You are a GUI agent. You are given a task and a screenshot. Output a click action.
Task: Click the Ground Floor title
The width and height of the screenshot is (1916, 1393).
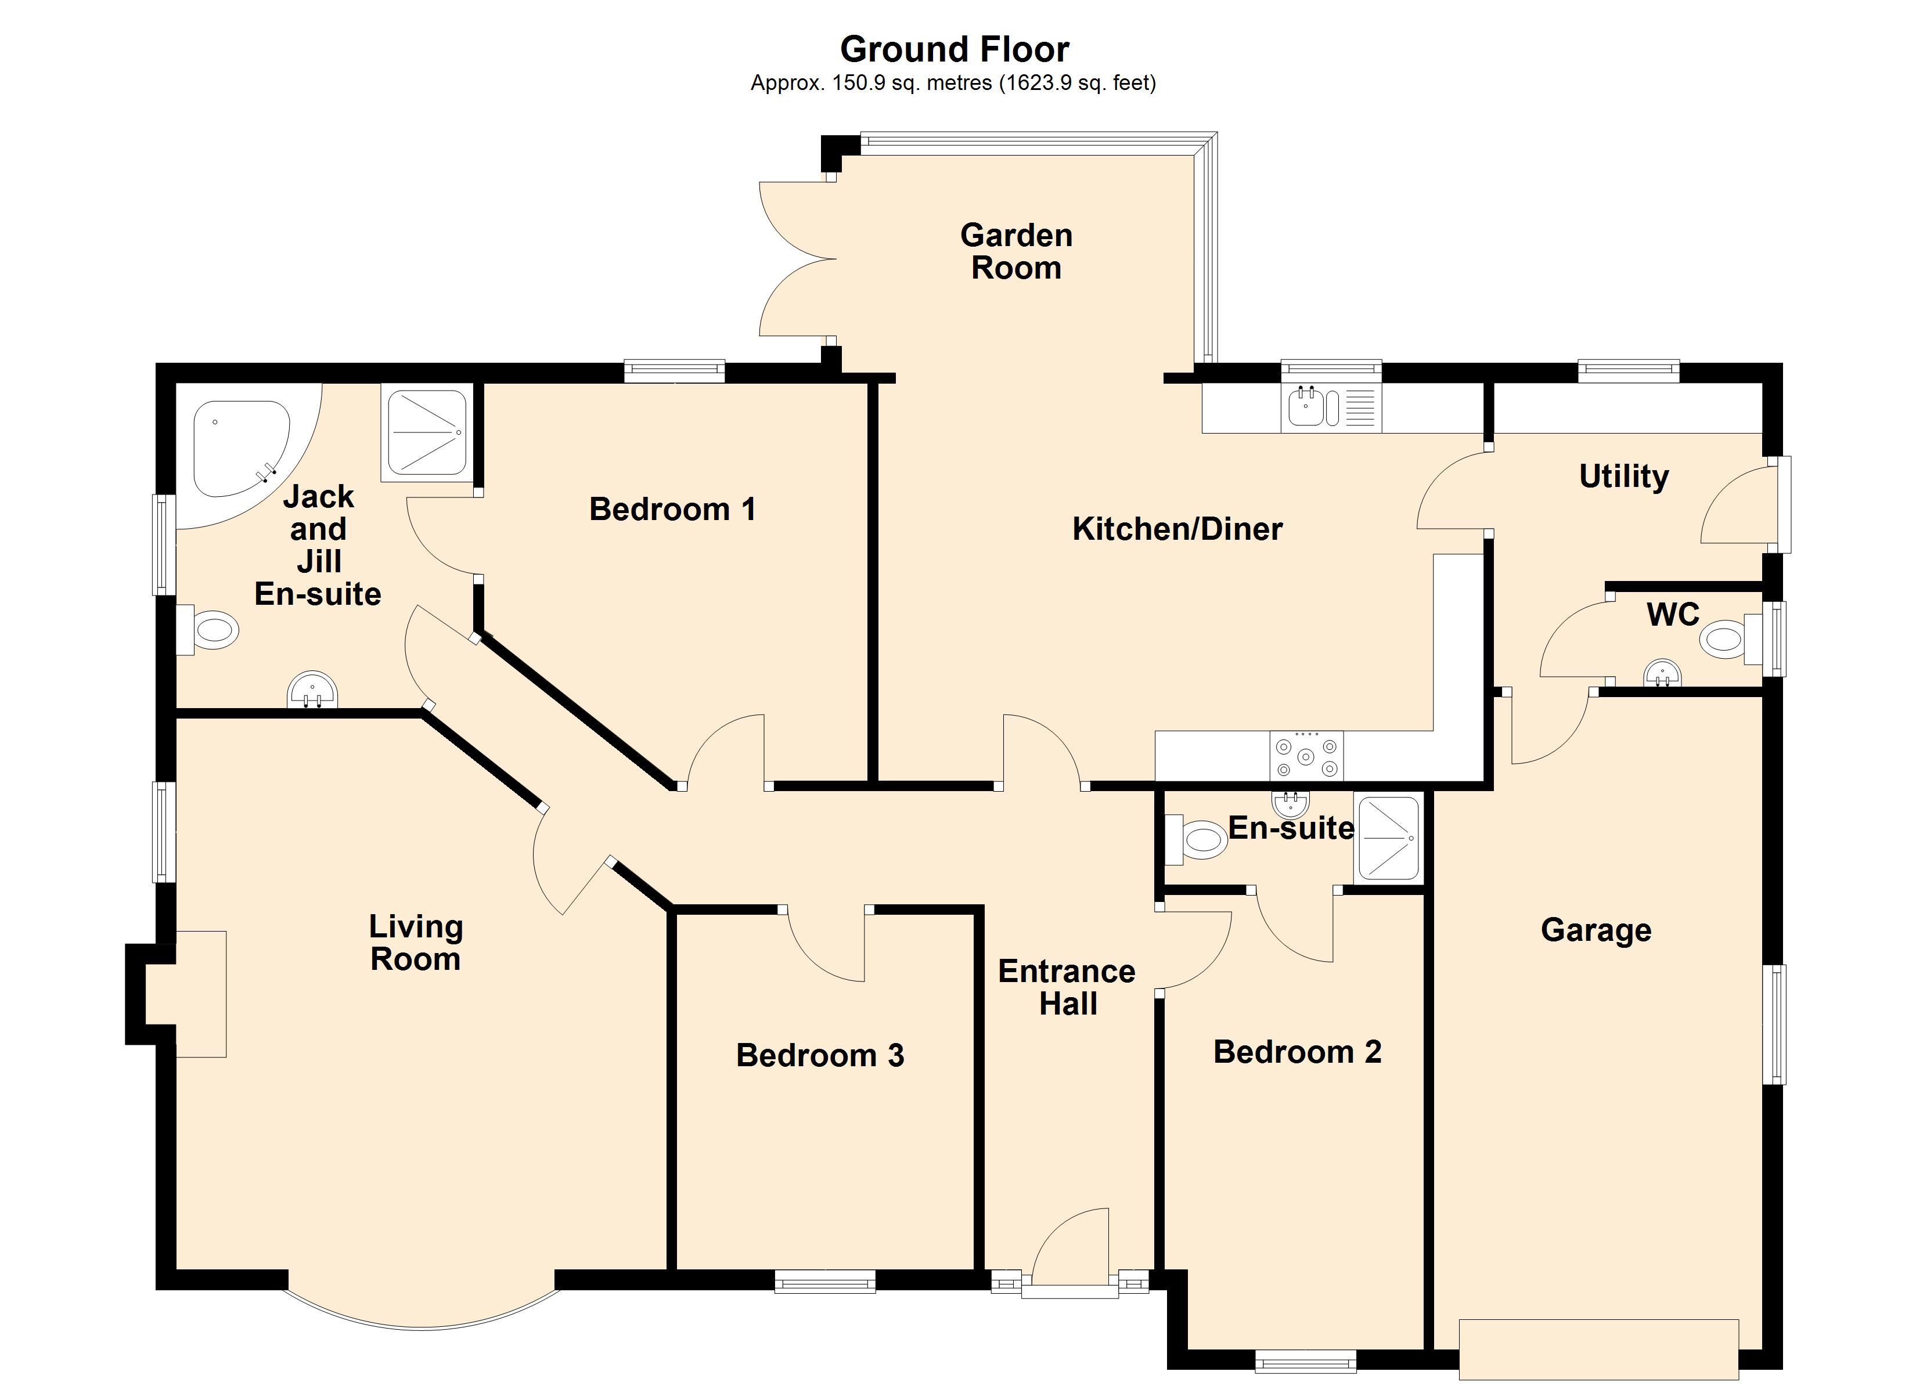(x=955, y=50)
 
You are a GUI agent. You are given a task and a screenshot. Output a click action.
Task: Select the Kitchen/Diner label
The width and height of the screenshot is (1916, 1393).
(x=1177, y=529)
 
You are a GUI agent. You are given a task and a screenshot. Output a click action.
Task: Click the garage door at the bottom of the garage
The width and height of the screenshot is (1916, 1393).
(x=1598, y=1349)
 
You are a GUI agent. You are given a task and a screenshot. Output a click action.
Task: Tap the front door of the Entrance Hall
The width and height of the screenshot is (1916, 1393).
(x=1069, y=1253)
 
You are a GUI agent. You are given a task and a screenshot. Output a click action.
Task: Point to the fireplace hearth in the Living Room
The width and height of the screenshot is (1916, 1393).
(x=200, y=994)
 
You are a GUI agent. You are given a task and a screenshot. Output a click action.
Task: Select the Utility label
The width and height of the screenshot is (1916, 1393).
(x=1624, y=477)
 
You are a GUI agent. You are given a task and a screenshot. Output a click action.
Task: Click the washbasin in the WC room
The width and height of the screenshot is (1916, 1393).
(x=1662, y=673)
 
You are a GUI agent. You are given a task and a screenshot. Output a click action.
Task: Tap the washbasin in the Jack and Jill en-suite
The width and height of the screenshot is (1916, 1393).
(x=312, y=690)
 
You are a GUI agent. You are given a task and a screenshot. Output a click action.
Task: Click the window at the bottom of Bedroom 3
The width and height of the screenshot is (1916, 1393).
(x=826, y=1282)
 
